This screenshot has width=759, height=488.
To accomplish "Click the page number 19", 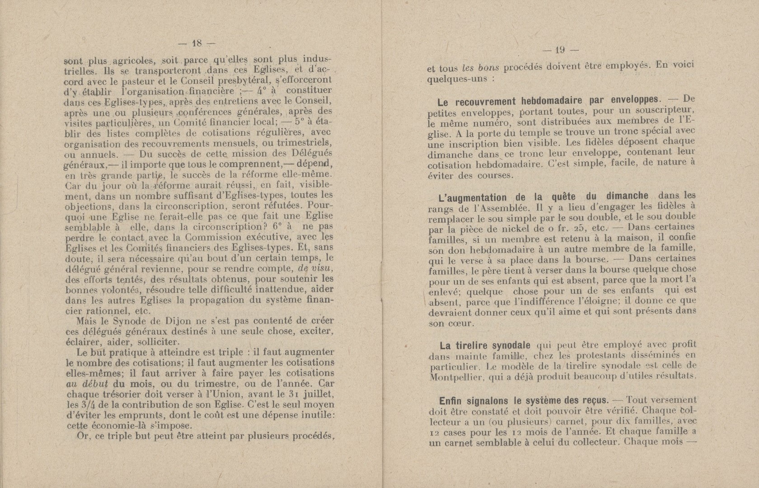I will (561, 50).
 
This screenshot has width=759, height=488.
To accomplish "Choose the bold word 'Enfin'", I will (452, 401).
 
